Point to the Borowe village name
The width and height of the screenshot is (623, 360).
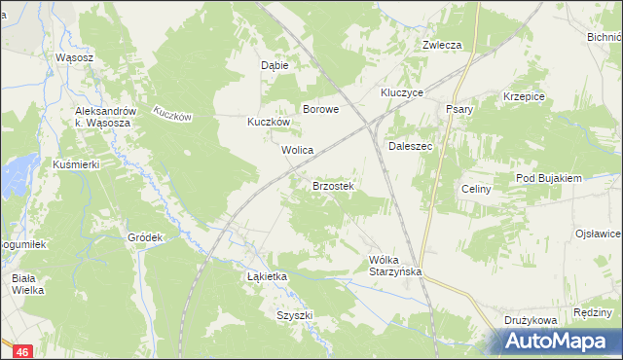[320, 110]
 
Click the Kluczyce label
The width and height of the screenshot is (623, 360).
[401, 92]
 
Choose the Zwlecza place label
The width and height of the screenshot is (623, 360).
[441, 45]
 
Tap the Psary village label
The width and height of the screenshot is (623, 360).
[458, 109]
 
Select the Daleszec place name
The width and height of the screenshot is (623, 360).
[410, 146]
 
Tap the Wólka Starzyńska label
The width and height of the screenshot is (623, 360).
[395, 266]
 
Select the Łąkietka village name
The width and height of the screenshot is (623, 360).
[267, 276]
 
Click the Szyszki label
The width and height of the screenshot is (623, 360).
[294, 315]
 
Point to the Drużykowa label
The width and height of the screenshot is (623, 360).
[530, 319]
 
